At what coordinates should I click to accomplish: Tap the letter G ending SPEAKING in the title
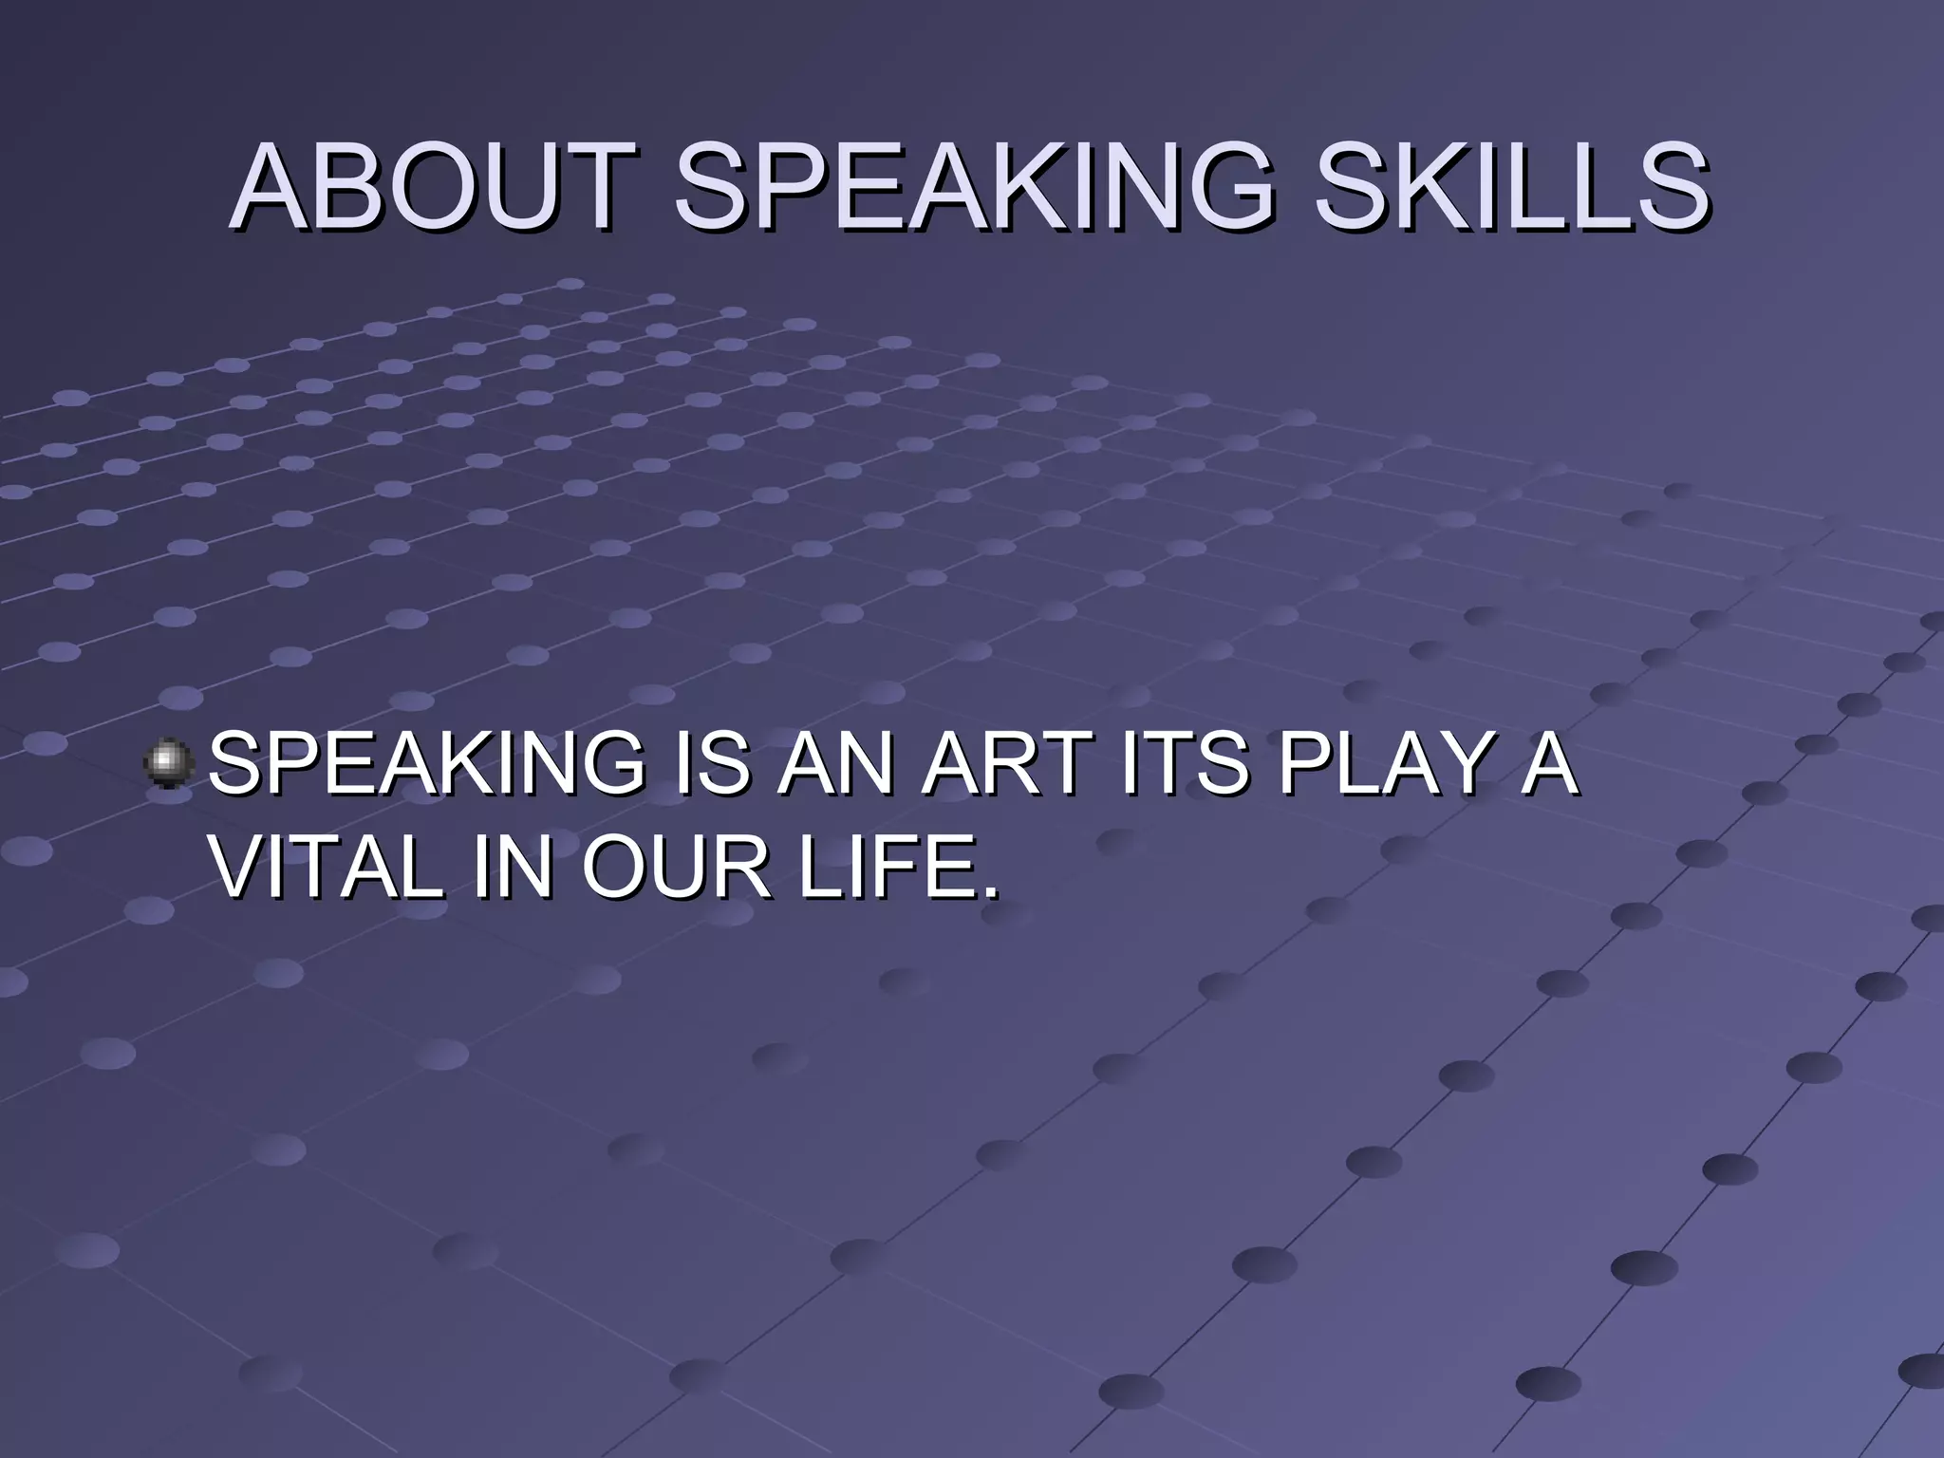coord(1224,187)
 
